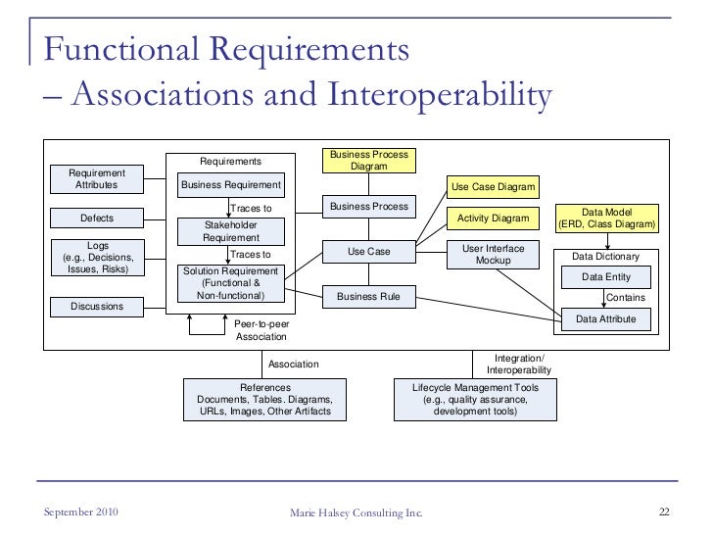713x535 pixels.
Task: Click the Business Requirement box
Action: (230, 184)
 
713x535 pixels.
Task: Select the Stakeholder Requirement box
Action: (230, 231)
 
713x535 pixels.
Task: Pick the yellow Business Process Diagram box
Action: (368, 161)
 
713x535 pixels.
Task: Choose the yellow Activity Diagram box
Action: (494, 218)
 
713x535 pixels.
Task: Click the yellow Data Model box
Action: (606, 219)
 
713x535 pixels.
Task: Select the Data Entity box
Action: (606, 277)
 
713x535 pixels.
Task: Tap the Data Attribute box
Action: (606, 318)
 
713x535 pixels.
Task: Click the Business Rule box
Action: (368, 296)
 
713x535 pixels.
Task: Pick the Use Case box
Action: (368, 252)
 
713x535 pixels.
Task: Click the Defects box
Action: (97, 218)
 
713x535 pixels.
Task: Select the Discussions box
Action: (97, 307)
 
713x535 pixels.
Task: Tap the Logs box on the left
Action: (97, 257)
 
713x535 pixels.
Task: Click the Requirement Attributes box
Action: (97, 178)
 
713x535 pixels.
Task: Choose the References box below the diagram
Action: (264, 400)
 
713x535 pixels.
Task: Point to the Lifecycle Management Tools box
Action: (475, 400)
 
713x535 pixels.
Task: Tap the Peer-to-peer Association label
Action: (261, 330)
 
